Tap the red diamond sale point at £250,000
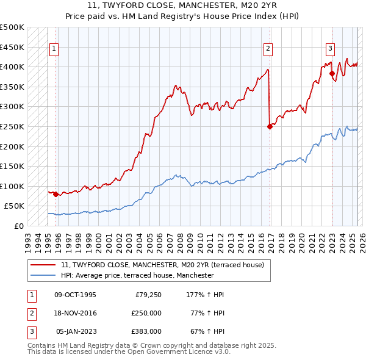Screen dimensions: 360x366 (270, 127)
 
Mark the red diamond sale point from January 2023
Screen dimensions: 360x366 (332, 74)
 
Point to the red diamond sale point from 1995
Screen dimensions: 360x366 (56, 195)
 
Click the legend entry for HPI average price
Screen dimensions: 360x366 (137, 275)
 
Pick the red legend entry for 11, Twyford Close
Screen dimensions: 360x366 (162, 265)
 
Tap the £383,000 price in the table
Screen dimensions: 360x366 (146, 331)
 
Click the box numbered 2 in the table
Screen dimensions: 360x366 (30, 313)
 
